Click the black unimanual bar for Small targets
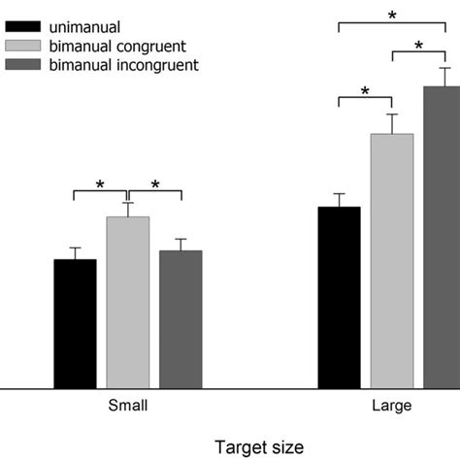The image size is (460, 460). pyautogui.click(x=75, y=324)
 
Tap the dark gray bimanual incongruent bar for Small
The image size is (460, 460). pyautogui.click(x=181, y=319)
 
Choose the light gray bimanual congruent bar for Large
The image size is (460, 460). pyautogui.click(x=392, y=261)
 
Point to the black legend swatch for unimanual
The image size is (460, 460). pyautogui.click(x=23, y=26)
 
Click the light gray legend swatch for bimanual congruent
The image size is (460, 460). pyautogui.click(x=23, y=45)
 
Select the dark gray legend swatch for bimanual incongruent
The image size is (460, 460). pyautogui.click(x=23, y=64)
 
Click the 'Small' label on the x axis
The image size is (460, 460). pyautogui.click(x=127, y=405)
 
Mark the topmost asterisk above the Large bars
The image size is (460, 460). pyautogui.click(x=392, y=16)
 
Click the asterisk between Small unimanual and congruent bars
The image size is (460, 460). pyautogui.click(x=100, y=184)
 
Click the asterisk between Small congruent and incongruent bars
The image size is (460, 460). pyautogui.click(x=154, y=184)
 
